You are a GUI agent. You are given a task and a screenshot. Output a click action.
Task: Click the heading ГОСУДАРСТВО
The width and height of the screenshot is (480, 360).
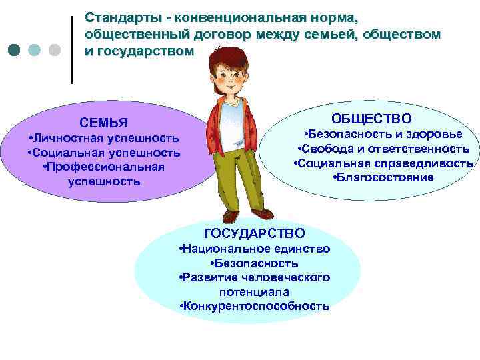[x=254, y=233]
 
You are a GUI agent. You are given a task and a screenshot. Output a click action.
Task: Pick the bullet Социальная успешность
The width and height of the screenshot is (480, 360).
[x=104, y=153]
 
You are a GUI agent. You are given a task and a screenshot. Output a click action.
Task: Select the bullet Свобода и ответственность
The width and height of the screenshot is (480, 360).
[x=383, y=148]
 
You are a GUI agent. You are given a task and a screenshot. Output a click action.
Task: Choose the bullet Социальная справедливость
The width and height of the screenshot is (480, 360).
[x=383, y=163]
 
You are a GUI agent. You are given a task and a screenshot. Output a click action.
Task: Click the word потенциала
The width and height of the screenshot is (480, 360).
[x=253, y=292]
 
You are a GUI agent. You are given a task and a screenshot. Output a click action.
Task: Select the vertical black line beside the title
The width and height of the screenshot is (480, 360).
[x=71, y=49]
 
